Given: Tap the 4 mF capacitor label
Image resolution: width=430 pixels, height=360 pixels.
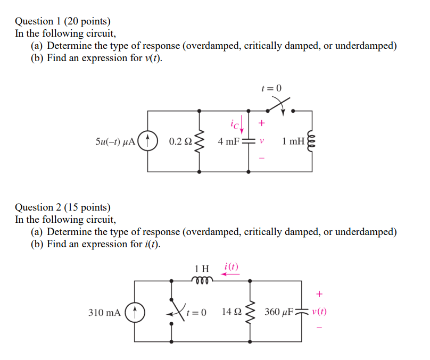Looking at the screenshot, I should (x=229, y=141).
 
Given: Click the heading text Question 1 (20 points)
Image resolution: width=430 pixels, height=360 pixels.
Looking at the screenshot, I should (x=63, y=21).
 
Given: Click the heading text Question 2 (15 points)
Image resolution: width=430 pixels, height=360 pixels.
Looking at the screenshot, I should (x=63, y=207).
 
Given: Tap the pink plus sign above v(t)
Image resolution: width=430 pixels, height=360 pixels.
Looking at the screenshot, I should (x=319, y=293).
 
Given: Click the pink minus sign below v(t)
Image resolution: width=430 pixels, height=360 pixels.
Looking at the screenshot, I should (x=319, y=327).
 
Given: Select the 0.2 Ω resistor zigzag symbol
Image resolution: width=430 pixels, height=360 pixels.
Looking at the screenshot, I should (x=200, y=141).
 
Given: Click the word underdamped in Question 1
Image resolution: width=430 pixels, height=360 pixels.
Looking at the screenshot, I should (x=366, y=46).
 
